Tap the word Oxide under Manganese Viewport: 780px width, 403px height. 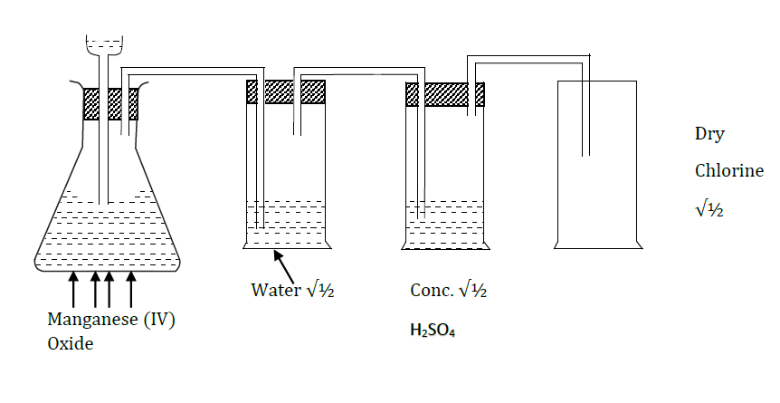pos(71,344)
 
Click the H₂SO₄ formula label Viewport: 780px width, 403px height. pos(433,331)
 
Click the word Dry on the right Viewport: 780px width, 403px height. pos(709,134)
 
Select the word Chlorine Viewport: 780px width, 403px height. pos(729,170)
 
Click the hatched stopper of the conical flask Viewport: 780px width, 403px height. pos(110,104)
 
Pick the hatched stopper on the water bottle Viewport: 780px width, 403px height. pos(286,92)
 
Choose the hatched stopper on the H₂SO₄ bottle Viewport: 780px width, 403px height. pos(444,94)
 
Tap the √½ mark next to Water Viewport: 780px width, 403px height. pos(316,291)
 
